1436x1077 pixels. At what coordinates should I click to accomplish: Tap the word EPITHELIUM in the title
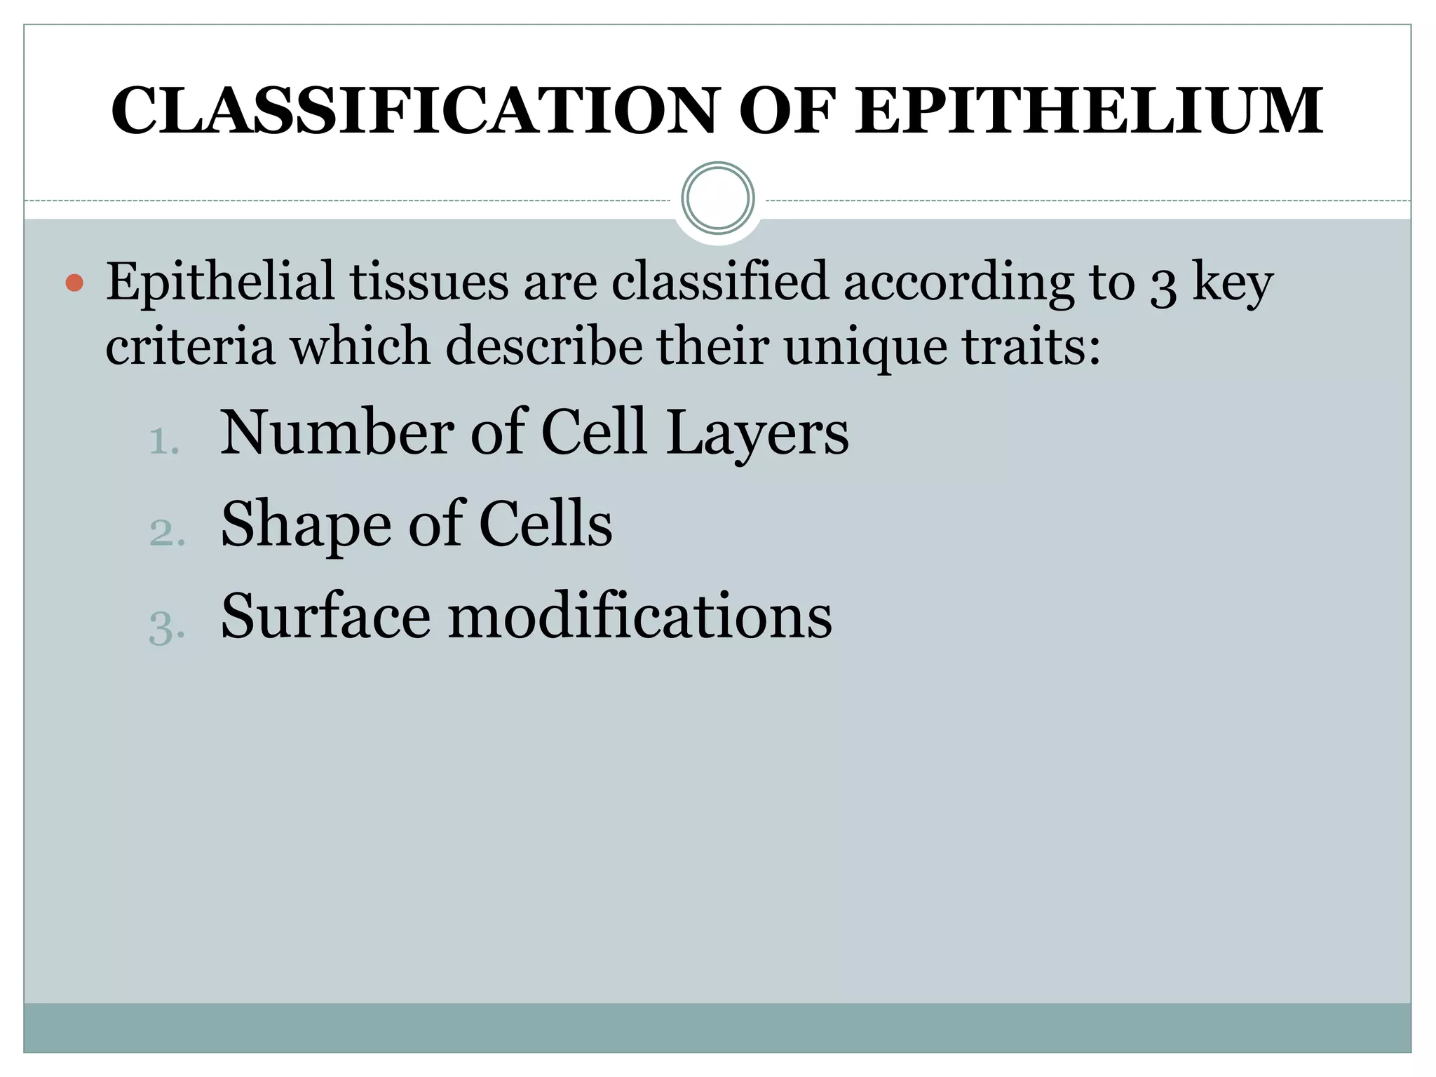pos(1089,111)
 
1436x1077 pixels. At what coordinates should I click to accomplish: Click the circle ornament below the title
pos(717,198)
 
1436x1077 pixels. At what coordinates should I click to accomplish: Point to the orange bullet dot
pos(74,283)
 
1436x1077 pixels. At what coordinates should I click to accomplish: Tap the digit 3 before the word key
pos(1163,284)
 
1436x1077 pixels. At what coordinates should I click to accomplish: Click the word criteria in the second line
pos(190,346)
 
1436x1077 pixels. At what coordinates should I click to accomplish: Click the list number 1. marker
pos(165,442)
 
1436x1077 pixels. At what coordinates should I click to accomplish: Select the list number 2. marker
pos(167,533)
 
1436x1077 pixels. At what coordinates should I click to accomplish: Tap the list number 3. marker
pos(167,626)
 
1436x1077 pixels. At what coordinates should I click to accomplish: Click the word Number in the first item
pos(337,433)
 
